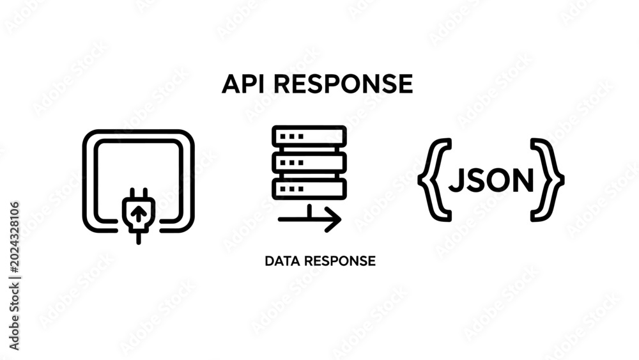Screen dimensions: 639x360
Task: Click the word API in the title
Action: [244, 84]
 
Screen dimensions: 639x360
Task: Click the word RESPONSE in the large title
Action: [343, 84]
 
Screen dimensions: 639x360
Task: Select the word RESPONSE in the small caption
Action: [340, 261]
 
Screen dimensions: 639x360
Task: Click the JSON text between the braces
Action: [491, 180]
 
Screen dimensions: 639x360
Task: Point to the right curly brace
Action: [548, 180]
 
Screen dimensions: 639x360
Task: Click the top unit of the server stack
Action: [309, 136]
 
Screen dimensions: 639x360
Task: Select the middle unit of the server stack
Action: [309, 162]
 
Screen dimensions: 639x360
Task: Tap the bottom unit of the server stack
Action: [309, 189]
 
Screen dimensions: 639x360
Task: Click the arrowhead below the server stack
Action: [334, 219]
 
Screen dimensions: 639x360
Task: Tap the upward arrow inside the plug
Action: [139, 213]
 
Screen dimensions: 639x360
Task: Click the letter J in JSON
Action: [456, 180]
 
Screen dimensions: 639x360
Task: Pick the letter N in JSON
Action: [523, 180]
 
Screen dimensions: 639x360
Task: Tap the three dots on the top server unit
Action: [292, 137]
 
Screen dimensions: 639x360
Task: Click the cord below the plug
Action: [139, 239]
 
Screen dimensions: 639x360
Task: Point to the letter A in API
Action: [231, 84]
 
